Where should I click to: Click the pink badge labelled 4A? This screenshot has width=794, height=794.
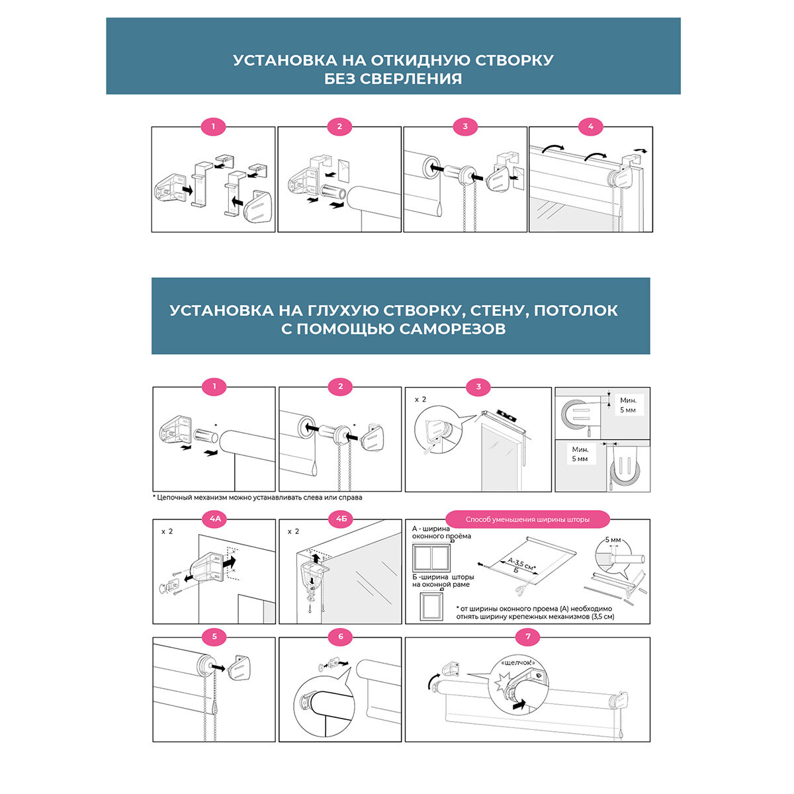[x=214, y=519]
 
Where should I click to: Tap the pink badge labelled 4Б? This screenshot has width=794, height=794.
[x=341, y=519]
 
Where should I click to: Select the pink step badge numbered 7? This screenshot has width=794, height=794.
[x=527, y=637]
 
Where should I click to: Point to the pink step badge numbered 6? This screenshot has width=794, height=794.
[x=341, y=637]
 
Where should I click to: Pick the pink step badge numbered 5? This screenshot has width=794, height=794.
[x=214, y=637]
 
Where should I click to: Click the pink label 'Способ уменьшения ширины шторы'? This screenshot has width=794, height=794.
[x=527, y=519]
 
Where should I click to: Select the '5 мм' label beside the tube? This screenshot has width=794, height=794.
[x=613, y=540]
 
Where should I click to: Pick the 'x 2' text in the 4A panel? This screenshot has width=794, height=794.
[x=167, y=531]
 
